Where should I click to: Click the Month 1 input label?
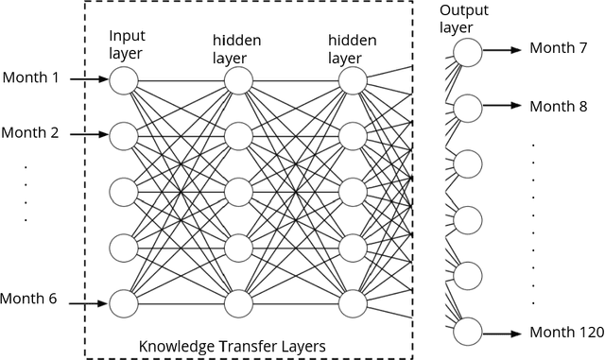click(x=30, y=77)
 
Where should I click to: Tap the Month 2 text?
click(x=30, y=133)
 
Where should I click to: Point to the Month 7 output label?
click(x=558, y=48)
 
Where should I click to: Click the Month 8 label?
click(x=558, y=106)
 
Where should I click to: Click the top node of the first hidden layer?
click(x=237, y=80)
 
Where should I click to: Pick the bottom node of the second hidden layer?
click(x=352, y=303)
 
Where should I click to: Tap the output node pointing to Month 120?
click(x=467, y=332)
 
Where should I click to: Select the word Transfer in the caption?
click(x=241, y=347)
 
